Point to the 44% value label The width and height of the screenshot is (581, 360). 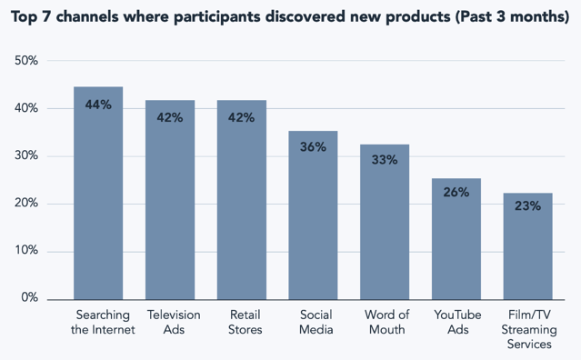(98, 105)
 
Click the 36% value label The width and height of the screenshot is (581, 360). (313, 147)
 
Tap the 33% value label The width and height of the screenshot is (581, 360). (384, 161)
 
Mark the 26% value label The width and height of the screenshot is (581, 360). (456, 193)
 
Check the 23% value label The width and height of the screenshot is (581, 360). (527, 206)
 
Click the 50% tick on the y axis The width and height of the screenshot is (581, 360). (25, 61)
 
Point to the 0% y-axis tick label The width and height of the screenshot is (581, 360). (29, 298)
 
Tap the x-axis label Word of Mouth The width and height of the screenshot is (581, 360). (386, 323)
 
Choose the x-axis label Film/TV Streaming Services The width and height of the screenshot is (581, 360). (528, 330)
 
